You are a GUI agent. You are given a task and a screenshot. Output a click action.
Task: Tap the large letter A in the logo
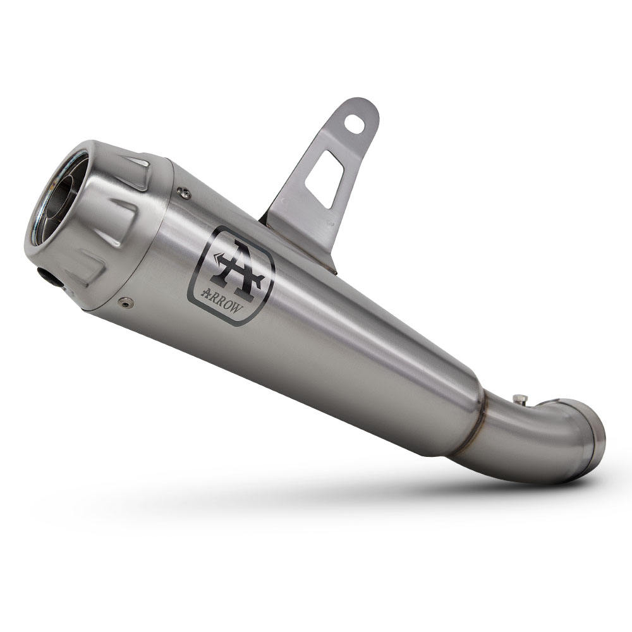pos(235,265)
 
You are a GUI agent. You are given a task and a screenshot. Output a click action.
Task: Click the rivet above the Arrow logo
pos(184,193)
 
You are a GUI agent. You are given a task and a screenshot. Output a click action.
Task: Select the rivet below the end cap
pos(128,303)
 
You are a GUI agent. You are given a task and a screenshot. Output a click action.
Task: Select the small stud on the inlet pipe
pos(520,399)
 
